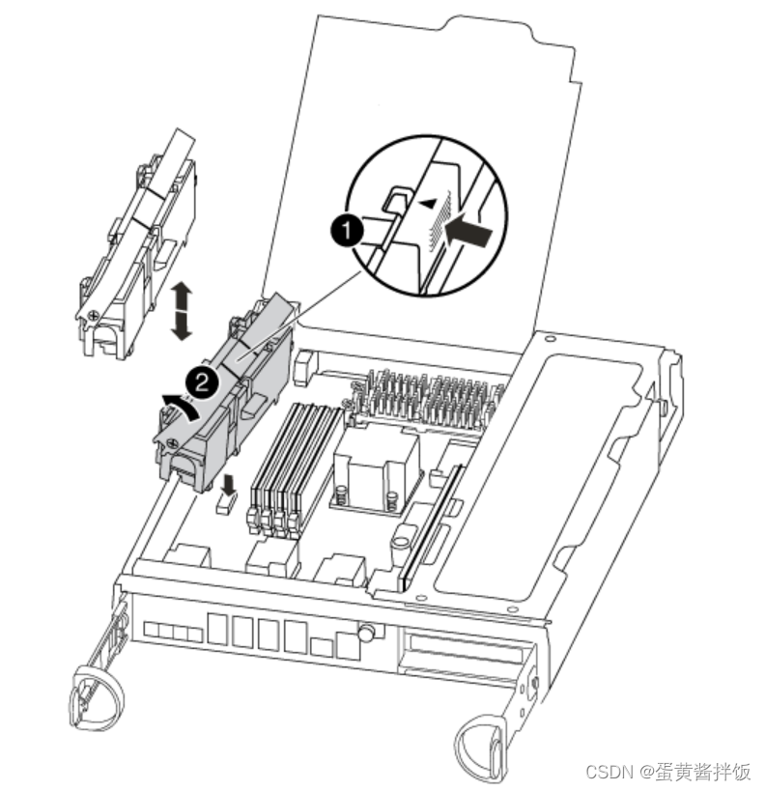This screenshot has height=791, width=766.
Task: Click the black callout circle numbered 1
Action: (347, 231)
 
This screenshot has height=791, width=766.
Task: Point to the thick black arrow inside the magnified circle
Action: (468, 233)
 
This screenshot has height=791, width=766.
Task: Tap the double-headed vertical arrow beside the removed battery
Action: (181, 311)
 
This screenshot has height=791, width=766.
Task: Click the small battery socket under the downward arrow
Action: (226, 503)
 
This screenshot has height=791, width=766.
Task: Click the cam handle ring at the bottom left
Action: (96, 697)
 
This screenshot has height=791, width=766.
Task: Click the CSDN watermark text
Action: (668, 771)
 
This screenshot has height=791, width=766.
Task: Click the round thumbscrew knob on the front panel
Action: (366, 631)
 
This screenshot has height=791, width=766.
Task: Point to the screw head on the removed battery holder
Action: (94, 316)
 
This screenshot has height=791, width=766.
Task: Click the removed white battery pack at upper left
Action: (136, 247)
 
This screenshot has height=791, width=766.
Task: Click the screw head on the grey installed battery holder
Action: (173, 443)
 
